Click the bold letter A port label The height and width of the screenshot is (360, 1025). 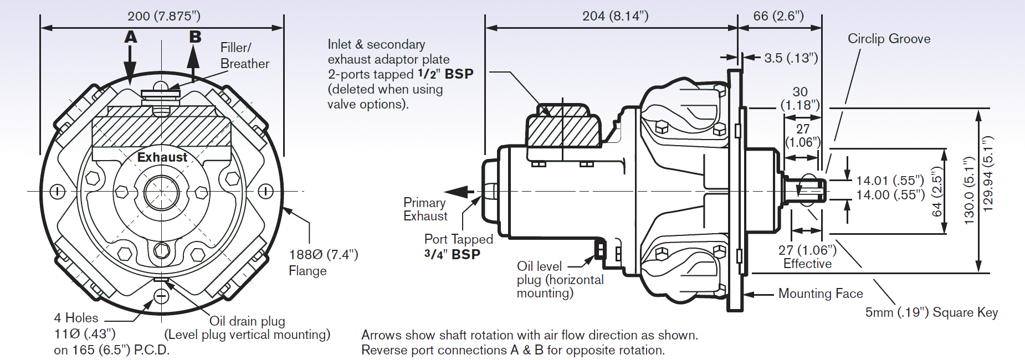(131, 37)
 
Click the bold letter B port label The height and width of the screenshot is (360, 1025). (195, 37)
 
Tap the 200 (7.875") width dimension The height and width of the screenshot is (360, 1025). (164, 16)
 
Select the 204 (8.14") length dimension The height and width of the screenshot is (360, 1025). (615, 16)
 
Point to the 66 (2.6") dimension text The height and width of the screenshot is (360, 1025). (778, 16)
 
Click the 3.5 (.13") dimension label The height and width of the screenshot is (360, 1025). (791, 58)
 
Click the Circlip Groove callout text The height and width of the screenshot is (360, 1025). (889, 39)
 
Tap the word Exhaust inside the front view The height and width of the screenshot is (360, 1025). (162, 157)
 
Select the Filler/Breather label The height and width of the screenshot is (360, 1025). (244, 55)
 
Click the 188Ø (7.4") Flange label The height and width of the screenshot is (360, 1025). (323, 262)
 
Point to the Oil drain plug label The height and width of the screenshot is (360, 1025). (247, 321)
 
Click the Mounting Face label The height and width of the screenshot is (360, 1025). (820, 294)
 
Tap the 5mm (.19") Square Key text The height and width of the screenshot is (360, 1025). (931, 312)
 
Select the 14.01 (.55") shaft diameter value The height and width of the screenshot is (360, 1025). (890, 181)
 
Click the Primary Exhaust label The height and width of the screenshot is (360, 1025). (425, 209)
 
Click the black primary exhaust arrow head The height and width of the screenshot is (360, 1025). (455, 192)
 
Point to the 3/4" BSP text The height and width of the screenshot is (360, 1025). (452, 255)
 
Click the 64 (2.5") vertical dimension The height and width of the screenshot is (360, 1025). (936, 192)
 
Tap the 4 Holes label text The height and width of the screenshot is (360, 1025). (76, 318)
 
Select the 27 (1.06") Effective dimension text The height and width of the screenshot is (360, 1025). (807, 257)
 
